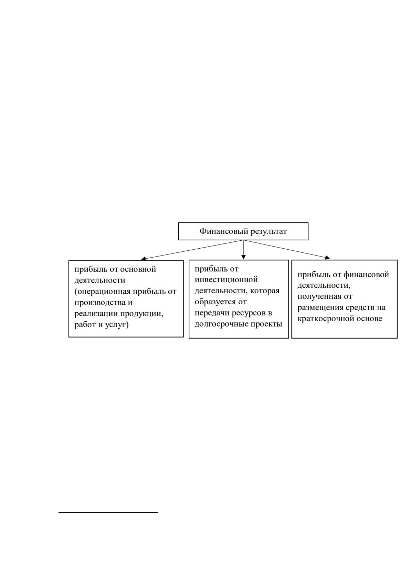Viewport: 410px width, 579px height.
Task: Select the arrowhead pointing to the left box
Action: (144, 258)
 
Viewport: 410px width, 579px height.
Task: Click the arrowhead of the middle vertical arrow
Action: (243, 257)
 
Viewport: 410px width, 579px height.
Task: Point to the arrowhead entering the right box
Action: (327, 258)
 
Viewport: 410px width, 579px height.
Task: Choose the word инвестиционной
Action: (226, 280)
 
